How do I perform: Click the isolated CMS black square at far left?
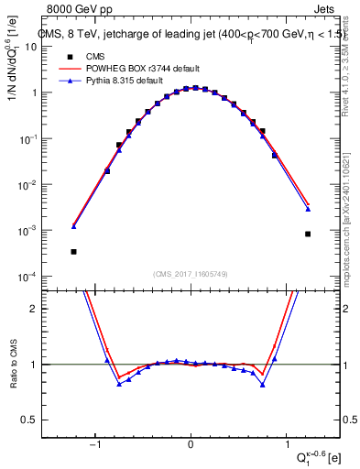73,251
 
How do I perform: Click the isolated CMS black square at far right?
308,234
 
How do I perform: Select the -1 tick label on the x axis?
94,445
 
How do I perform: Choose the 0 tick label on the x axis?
191,445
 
